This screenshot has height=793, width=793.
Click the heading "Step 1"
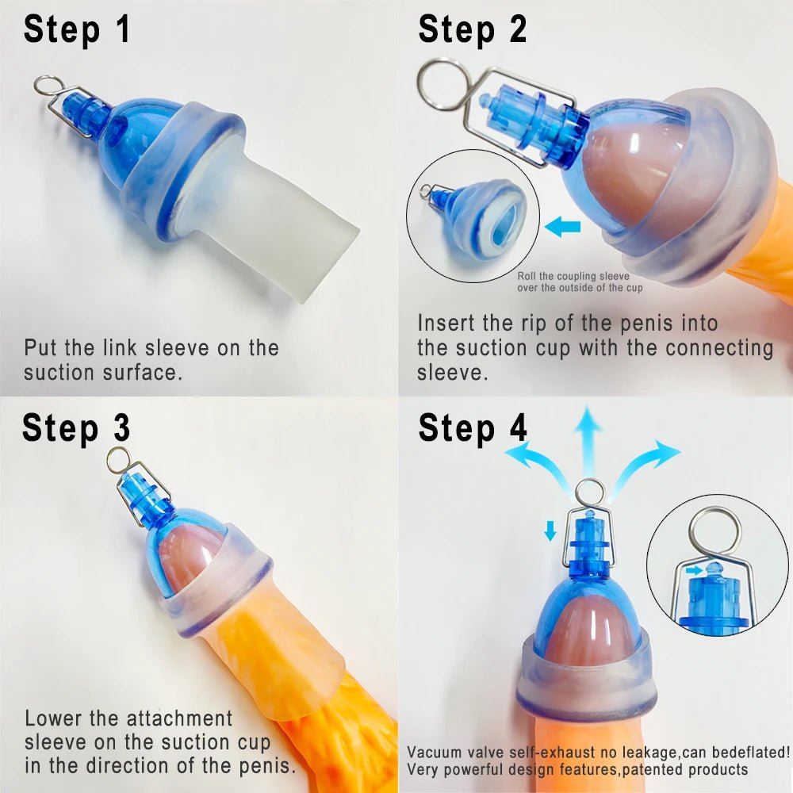point(77,30)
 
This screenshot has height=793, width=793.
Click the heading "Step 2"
point(473,30)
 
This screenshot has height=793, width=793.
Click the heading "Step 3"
point(76,428)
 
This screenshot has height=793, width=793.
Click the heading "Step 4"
point(473,428)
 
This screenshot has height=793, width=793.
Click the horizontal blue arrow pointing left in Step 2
point(563,225)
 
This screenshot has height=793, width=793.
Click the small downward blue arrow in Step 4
point(550,531)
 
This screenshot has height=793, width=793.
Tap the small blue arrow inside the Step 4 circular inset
point(694,570)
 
